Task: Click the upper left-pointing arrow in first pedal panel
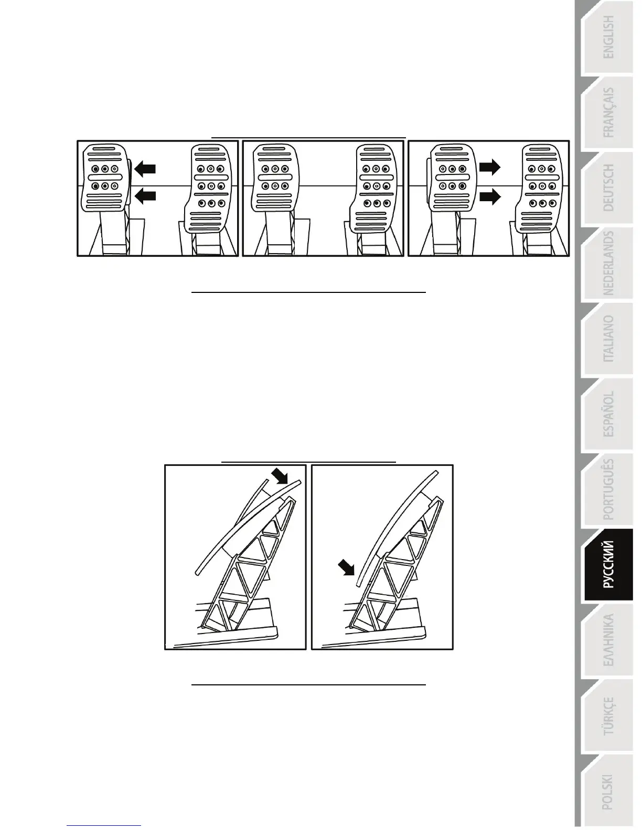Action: pyautogui.click(x=145, y=168)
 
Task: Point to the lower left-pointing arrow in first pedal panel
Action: pyautogui.click(x=145, y=196)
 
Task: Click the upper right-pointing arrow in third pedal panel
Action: pyautogui.click(x=490, y=167)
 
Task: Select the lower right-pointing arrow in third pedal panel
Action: pyautogui.click(x=490, y=196)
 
